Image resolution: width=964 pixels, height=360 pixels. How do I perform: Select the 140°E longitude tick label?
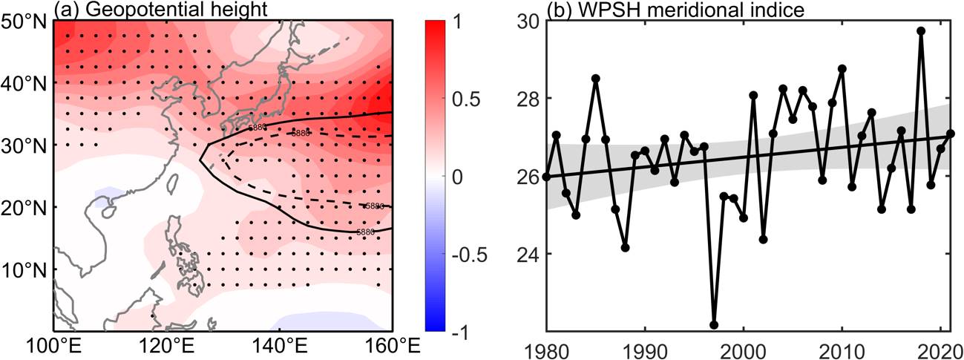[x=280, y=346]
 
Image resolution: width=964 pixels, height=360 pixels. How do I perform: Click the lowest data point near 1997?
[x=714, y=324]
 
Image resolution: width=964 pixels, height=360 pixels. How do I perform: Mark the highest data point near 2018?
[x=921, y=31]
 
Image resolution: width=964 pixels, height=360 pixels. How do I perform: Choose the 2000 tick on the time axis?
[x=744, y=346]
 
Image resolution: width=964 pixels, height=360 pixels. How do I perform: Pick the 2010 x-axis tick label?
[x=842, y=346]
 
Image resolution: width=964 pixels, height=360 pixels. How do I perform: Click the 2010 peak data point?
[x=842, y=68]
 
